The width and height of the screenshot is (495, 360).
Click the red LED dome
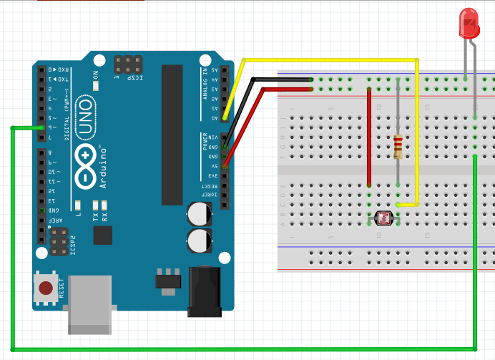pyautogui.click(x=469, y=22)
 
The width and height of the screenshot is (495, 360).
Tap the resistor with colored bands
pyautogui.click(x=398, y=146)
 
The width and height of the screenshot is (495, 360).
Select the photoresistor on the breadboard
pyautogui.click(x=383, y=217)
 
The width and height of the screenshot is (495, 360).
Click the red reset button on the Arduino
pyautogui.click(x=46, y=288)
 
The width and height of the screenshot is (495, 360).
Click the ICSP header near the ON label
pyautogui.click(x=128, y=64)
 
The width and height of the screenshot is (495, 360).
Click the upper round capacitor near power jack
pyautogui.click(x=199, y=213)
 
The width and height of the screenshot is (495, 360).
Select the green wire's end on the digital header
pyautogui.click(x=42, y=127)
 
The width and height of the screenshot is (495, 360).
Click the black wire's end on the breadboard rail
pyautogui.click(x=312, y=79)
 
